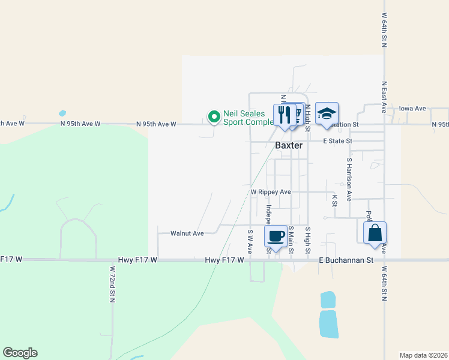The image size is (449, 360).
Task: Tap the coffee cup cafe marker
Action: point(276,236)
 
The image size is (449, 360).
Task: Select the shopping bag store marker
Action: point(375,232)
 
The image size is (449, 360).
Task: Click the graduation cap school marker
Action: point(327,113)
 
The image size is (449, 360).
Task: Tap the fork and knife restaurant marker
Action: point(285,114)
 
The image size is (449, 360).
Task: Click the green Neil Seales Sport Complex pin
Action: point(213,117)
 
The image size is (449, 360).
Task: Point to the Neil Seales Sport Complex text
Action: point(248,118)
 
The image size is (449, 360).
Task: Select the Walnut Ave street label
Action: point(187,233)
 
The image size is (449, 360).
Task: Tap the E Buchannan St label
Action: point(346,260)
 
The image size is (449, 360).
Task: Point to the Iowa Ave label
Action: point(412,109)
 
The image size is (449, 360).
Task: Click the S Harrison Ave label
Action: point(348,179)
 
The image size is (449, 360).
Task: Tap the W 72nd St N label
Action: point(112,283)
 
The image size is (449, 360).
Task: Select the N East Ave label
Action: point(384,97)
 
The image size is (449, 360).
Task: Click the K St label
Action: point(334,200)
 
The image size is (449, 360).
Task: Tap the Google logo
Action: point(20,353)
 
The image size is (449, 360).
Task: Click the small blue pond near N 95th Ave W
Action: point(62,113)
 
